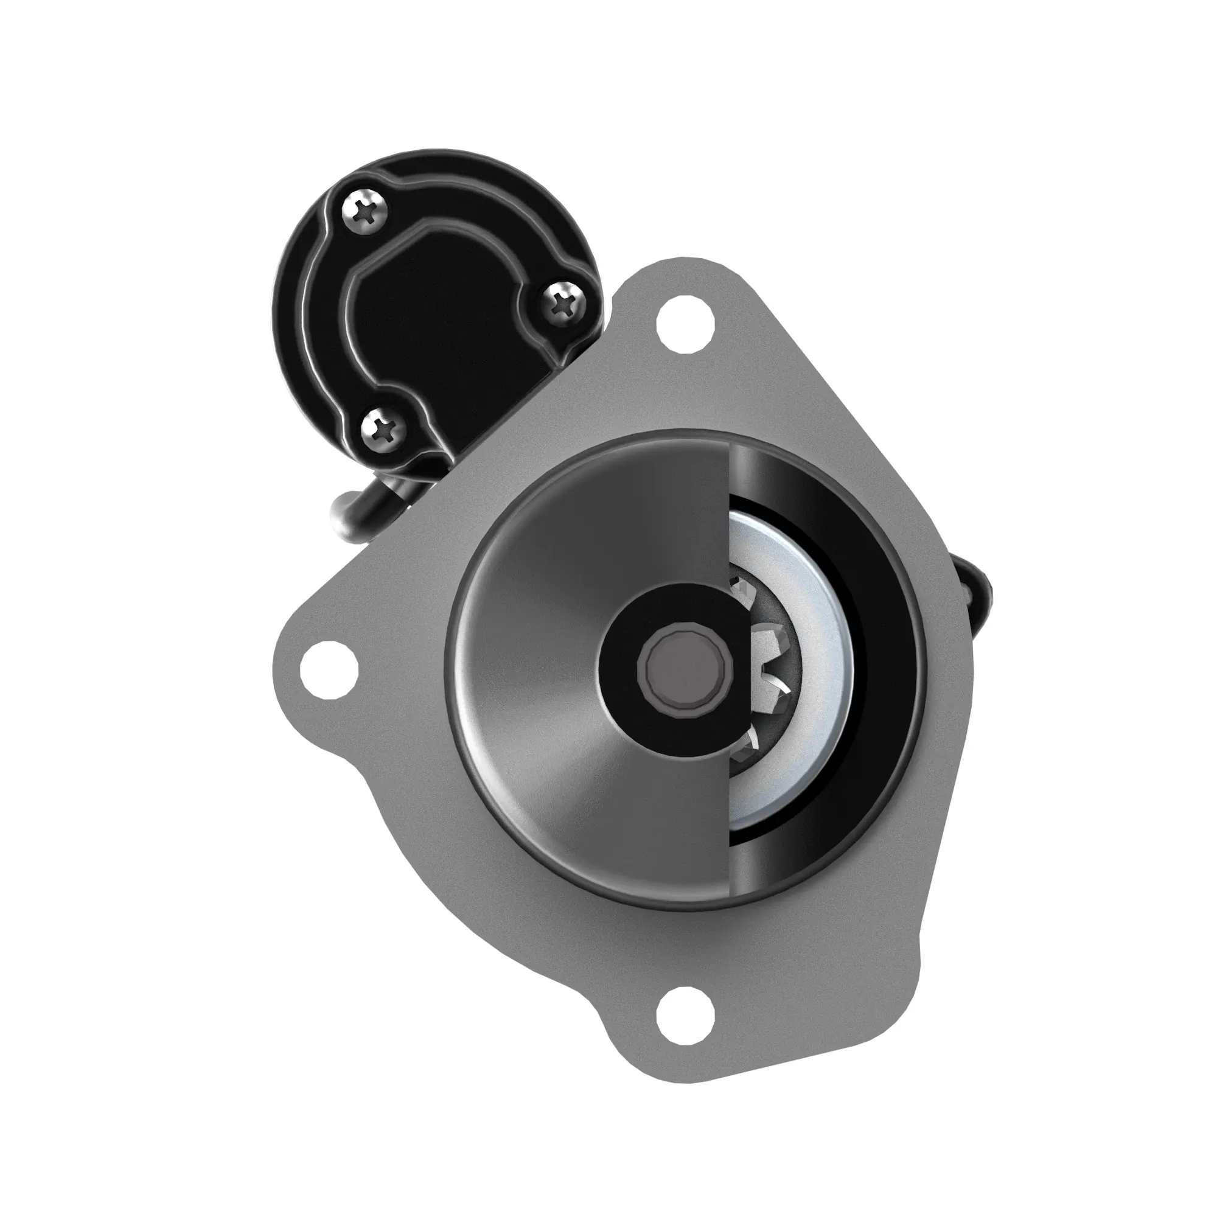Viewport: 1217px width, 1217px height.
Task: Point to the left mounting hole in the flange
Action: [329, 671]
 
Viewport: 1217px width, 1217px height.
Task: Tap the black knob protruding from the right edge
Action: [978, 587]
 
